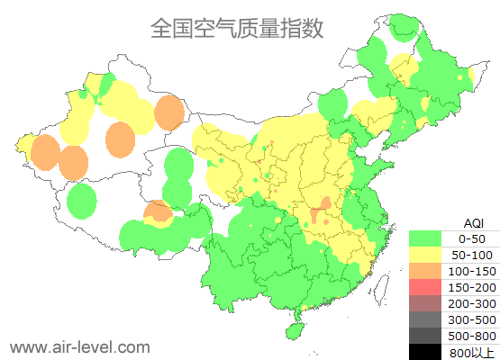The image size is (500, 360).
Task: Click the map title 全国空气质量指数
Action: (x=237, y=29)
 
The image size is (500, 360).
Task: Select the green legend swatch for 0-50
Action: (x=426, y=238)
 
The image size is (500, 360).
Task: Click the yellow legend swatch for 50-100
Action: (x=426, y=255)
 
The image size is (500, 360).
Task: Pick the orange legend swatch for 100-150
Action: (x=426, y=271)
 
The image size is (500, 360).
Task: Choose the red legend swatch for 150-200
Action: (x=426, y=287)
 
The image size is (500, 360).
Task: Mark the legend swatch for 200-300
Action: (x=426, y=303)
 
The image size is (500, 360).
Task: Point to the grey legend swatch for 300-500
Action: (x=426, y=319)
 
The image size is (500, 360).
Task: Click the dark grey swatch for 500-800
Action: (x=426, y=336)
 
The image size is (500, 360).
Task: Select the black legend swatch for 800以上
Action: (x=426, y=352)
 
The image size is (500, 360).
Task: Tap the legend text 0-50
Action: (x=472, y=238)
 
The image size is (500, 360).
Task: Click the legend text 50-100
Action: (x=472, y=255)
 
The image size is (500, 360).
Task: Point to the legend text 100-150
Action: (x=472, y=271)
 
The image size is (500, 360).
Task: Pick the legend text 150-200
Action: (x=472, y=287)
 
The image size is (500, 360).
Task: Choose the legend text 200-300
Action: (x=472, y=303)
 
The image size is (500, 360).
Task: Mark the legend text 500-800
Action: (x=472, y=336)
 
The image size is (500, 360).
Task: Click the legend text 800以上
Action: (x=472, y=352)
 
